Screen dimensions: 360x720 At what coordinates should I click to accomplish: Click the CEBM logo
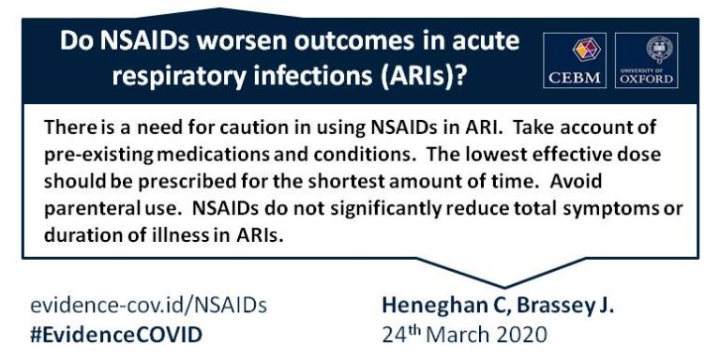[x=575, y=60]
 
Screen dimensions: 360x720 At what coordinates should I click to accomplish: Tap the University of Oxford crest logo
[x=647, y=60]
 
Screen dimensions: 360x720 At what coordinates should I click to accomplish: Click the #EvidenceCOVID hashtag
[x=116, y=333]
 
